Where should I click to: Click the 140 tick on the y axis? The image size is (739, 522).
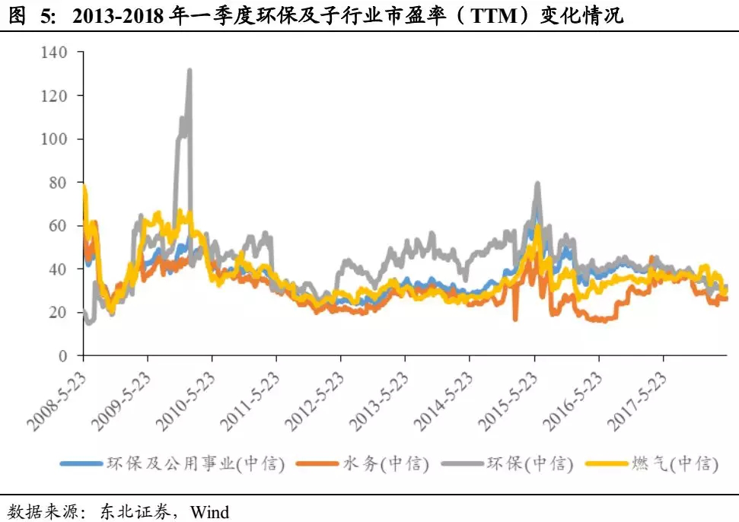(x=56, y=53)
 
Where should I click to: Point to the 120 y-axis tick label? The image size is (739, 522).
(x=56, y=96)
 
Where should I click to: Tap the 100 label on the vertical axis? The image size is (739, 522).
(x=56, y=139)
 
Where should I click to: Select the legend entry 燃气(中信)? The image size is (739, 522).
(x=674, y=463)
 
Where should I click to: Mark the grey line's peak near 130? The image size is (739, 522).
(x=189, y=71)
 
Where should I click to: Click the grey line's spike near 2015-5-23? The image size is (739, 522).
(x=537, y=183)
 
